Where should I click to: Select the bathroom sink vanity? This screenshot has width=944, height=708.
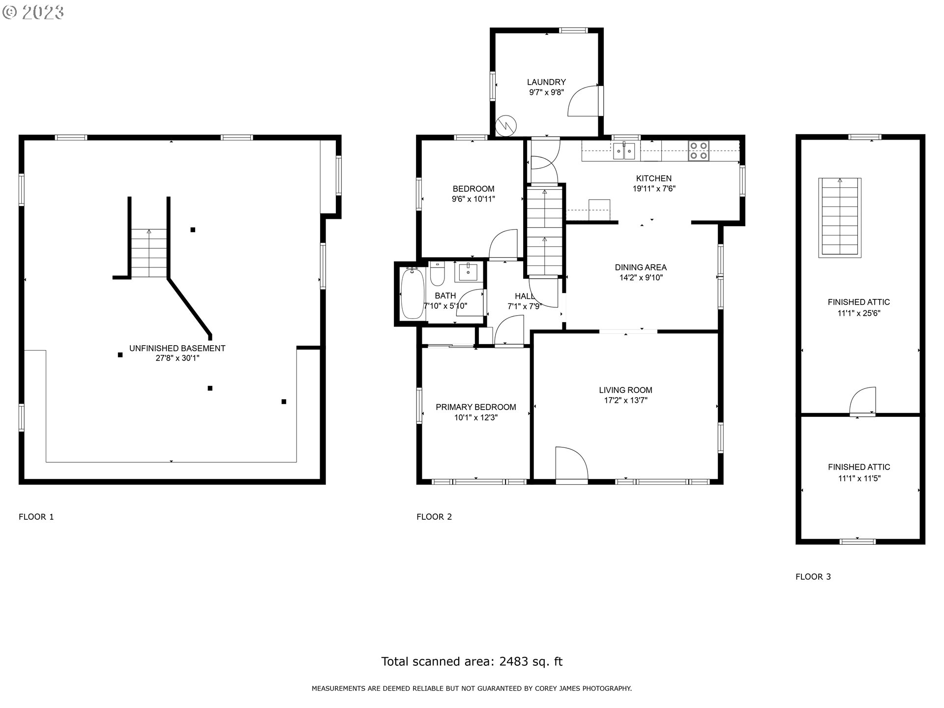[x=468, y=272]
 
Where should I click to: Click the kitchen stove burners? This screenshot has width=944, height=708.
[x=698, y=150]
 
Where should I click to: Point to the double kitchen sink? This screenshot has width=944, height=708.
[x=624, y=150]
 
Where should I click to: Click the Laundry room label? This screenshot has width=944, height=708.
[x=546, y=82]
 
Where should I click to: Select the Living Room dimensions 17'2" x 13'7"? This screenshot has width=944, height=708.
[x=625, y=400]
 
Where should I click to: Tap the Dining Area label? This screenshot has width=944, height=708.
[x=641, y=267]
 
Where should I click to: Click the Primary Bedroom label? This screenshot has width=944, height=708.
[x=475, y=407]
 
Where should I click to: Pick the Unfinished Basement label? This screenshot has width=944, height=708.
[x=177, y=348]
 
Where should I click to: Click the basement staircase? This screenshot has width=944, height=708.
[x=149, y=253]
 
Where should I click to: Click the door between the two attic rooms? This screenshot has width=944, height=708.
[x=863, y=401]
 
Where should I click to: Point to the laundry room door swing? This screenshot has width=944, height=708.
[x=583, y=102]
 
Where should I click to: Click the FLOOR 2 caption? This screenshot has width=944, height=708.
[x=434, y=516]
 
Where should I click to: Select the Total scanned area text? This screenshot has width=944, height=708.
[x=472, y=661]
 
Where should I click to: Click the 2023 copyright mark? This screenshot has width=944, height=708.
[x=33, y=12]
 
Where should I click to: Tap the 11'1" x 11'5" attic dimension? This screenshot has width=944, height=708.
[x=859, y=478]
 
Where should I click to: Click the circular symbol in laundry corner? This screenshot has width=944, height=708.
[x=505, y=126]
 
